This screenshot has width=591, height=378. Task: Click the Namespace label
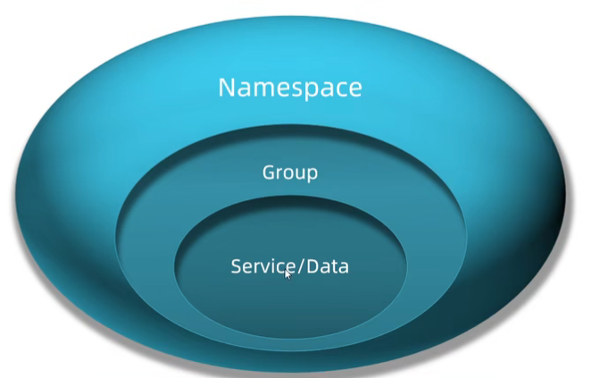[x=290, y=88]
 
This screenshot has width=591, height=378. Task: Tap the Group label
[x=289, y=172]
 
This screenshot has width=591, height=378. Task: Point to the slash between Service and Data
[x=299, y=266]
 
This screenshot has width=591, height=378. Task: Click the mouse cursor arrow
[x=287, y=274]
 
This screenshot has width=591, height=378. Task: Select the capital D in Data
[x=311, y=266]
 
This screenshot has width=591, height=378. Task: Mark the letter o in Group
[x=287, y=173]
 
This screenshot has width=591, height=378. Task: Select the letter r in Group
[x=279, y=173]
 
